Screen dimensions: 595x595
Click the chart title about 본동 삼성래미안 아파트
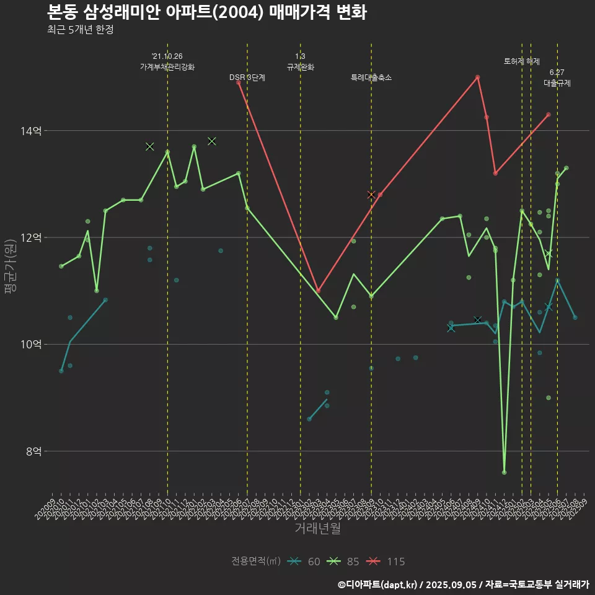(206, 12)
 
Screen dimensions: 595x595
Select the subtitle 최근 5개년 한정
(80, 30)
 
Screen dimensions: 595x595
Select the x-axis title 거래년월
(317, 528)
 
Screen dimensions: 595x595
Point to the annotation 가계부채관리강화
(167, 67)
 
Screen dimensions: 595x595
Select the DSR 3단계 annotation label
(247, 77)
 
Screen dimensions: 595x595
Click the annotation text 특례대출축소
(371, 77)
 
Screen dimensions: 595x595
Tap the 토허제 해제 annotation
(522, 61)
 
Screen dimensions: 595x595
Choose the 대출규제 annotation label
(557, 82)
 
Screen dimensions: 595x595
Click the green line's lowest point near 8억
(504, 472)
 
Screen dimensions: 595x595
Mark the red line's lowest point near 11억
(318, 291)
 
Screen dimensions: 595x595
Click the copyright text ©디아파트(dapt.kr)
(379, 584)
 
